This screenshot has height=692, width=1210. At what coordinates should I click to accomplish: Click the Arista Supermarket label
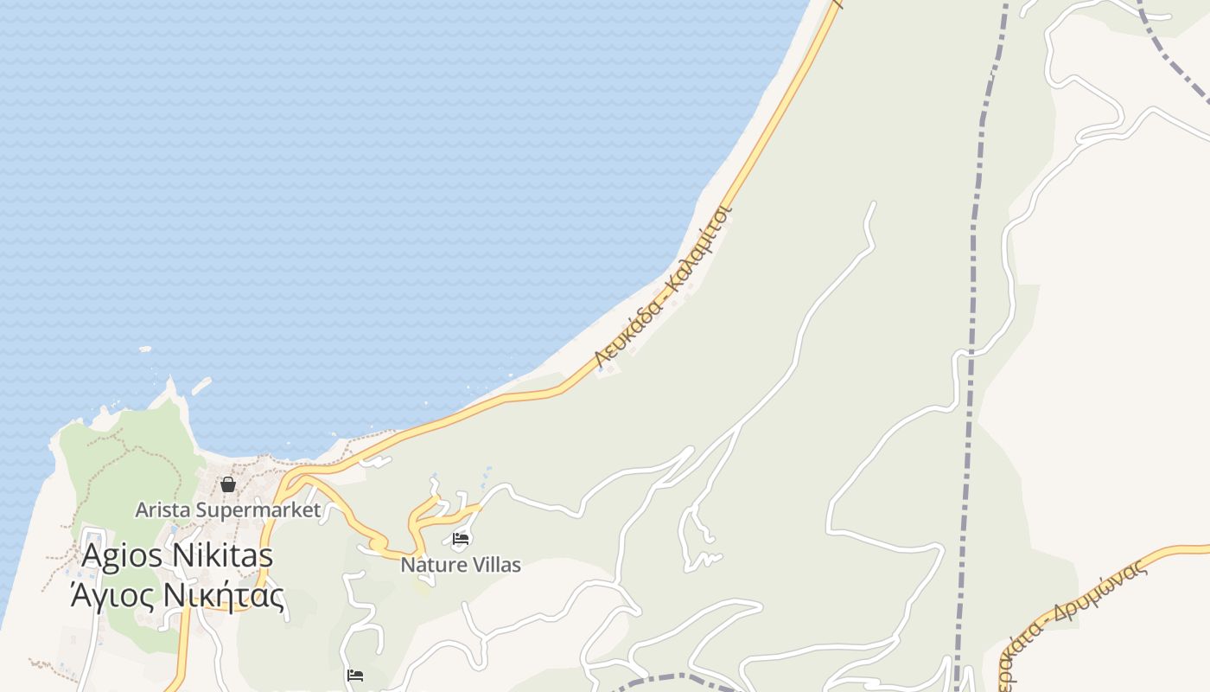(227, 509)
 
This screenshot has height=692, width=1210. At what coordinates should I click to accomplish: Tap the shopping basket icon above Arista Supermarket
(228, 484)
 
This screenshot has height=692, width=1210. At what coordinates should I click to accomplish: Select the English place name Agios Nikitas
(177, 555)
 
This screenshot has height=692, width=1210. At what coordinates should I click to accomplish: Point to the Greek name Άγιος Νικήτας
(177, 595)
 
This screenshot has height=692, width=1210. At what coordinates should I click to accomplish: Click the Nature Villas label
(461, 565)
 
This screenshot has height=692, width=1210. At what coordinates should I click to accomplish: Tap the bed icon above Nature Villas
(461, 539)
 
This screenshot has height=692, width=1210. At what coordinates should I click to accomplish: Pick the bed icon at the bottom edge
(354, 675)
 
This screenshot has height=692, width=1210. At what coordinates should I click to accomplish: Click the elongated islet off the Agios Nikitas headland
(201, 386)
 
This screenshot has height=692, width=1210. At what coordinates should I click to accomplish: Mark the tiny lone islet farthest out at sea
(144, 349)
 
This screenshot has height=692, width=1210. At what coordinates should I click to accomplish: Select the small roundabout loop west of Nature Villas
(378, 544)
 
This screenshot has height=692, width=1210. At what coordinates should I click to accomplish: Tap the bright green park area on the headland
(130, 467)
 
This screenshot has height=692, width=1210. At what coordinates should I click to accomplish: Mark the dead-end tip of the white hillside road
(873, 204)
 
